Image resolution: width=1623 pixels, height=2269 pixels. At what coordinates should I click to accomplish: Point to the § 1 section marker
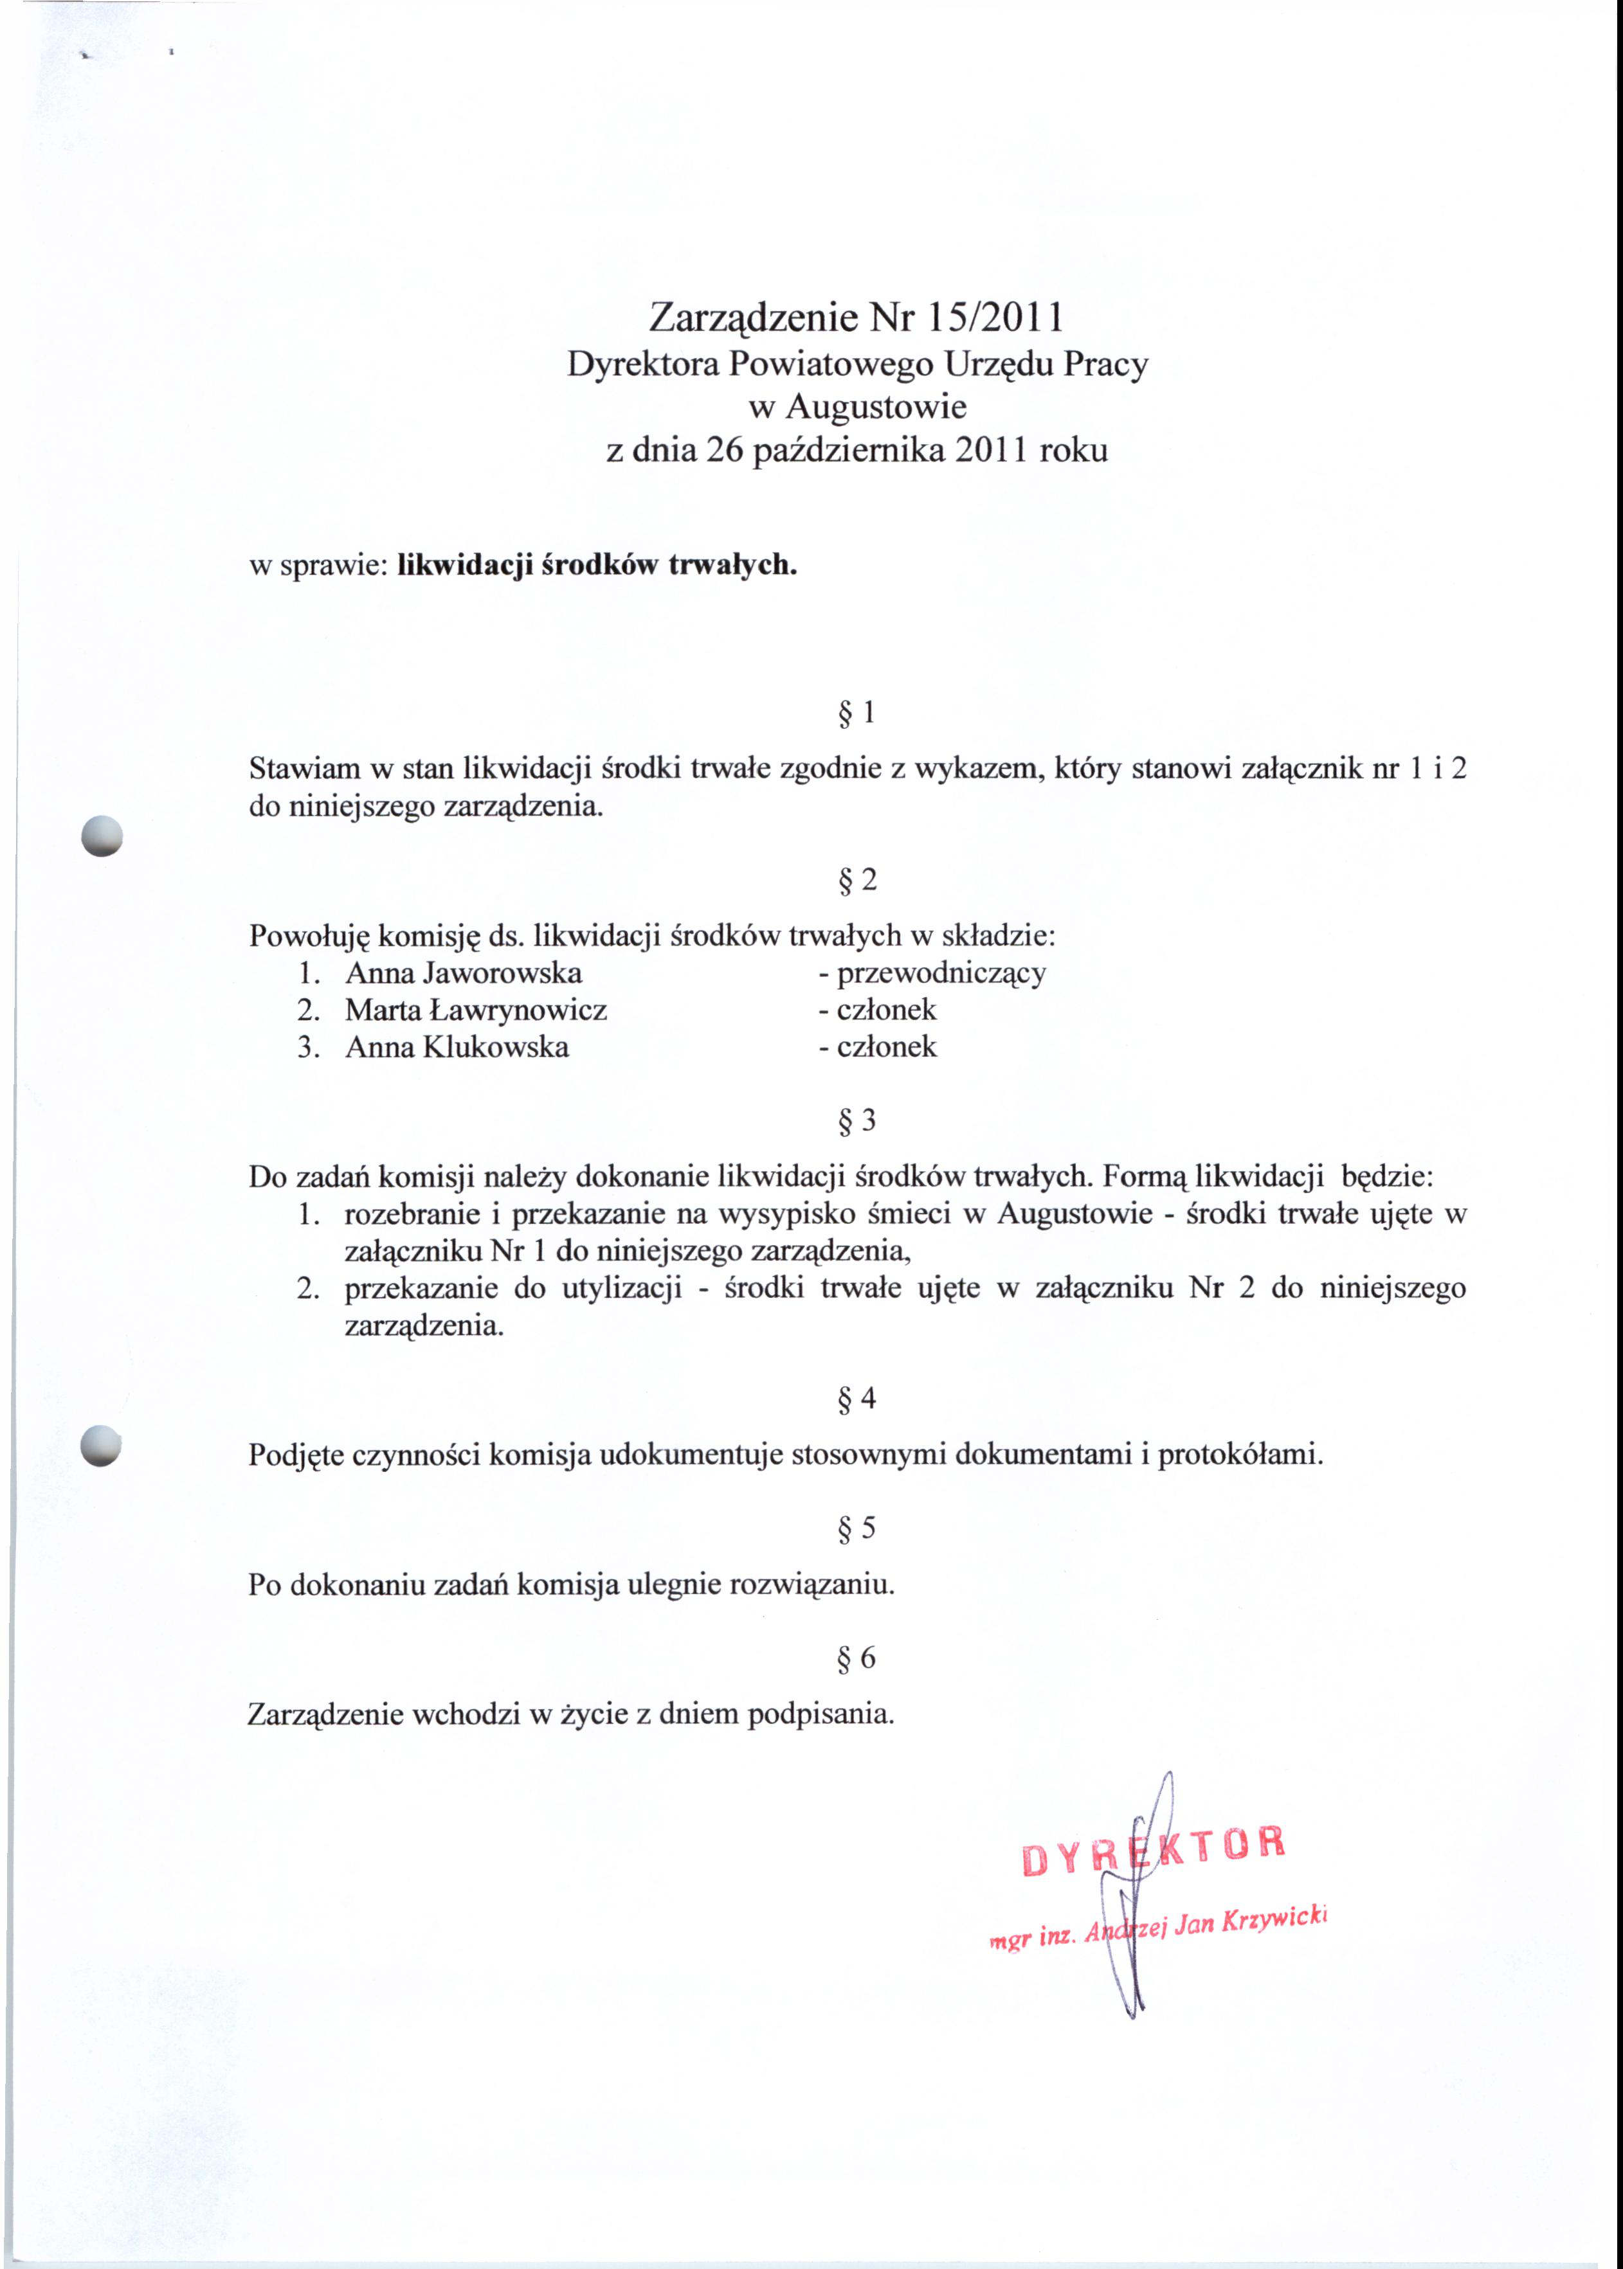pos(857,712)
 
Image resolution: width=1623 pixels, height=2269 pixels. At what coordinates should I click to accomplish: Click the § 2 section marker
pos(857,879)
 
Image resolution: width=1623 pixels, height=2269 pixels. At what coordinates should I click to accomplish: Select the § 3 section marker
pos(857,1121)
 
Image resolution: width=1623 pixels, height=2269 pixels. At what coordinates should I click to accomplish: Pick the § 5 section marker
pos(857,1528)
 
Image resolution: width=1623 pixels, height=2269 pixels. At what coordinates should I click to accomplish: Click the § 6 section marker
pos(857,1658)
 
